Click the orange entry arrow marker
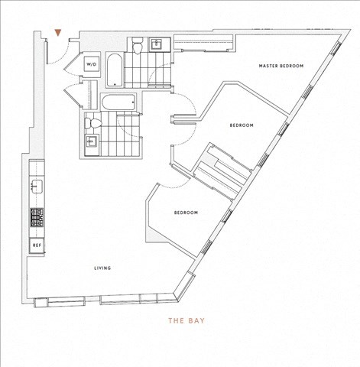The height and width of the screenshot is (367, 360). click(58, 33)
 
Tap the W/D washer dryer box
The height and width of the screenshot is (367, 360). click(92, 64)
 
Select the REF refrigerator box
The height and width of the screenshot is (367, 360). click(37, 245)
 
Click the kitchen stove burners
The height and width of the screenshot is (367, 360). click(37, 217)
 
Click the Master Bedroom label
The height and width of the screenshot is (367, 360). click(281, 66)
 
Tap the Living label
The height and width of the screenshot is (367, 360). click(102, 268)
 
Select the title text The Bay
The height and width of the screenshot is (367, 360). click(186, 320)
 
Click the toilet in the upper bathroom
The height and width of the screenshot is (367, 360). click(138, 45)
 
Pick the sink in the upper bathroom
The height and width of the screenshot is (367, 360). click(156, 45)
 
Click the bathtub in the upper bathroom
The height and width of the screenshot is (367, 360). click(115, 70)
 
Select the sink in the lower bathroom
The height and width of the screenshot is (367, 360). click(91, 141)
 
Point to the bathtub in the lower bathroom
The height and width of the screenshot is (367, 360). click(118, 102)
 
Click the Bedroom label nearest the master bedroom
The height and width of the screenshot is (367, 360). click(242, 125)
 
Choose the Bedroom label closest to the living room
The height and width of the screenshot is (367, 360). click(186, 213)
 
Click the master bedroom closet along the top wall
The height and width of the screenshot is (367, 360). click(203, 43)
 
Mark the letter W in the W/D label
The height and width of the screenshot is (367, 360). click(88, 64)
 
